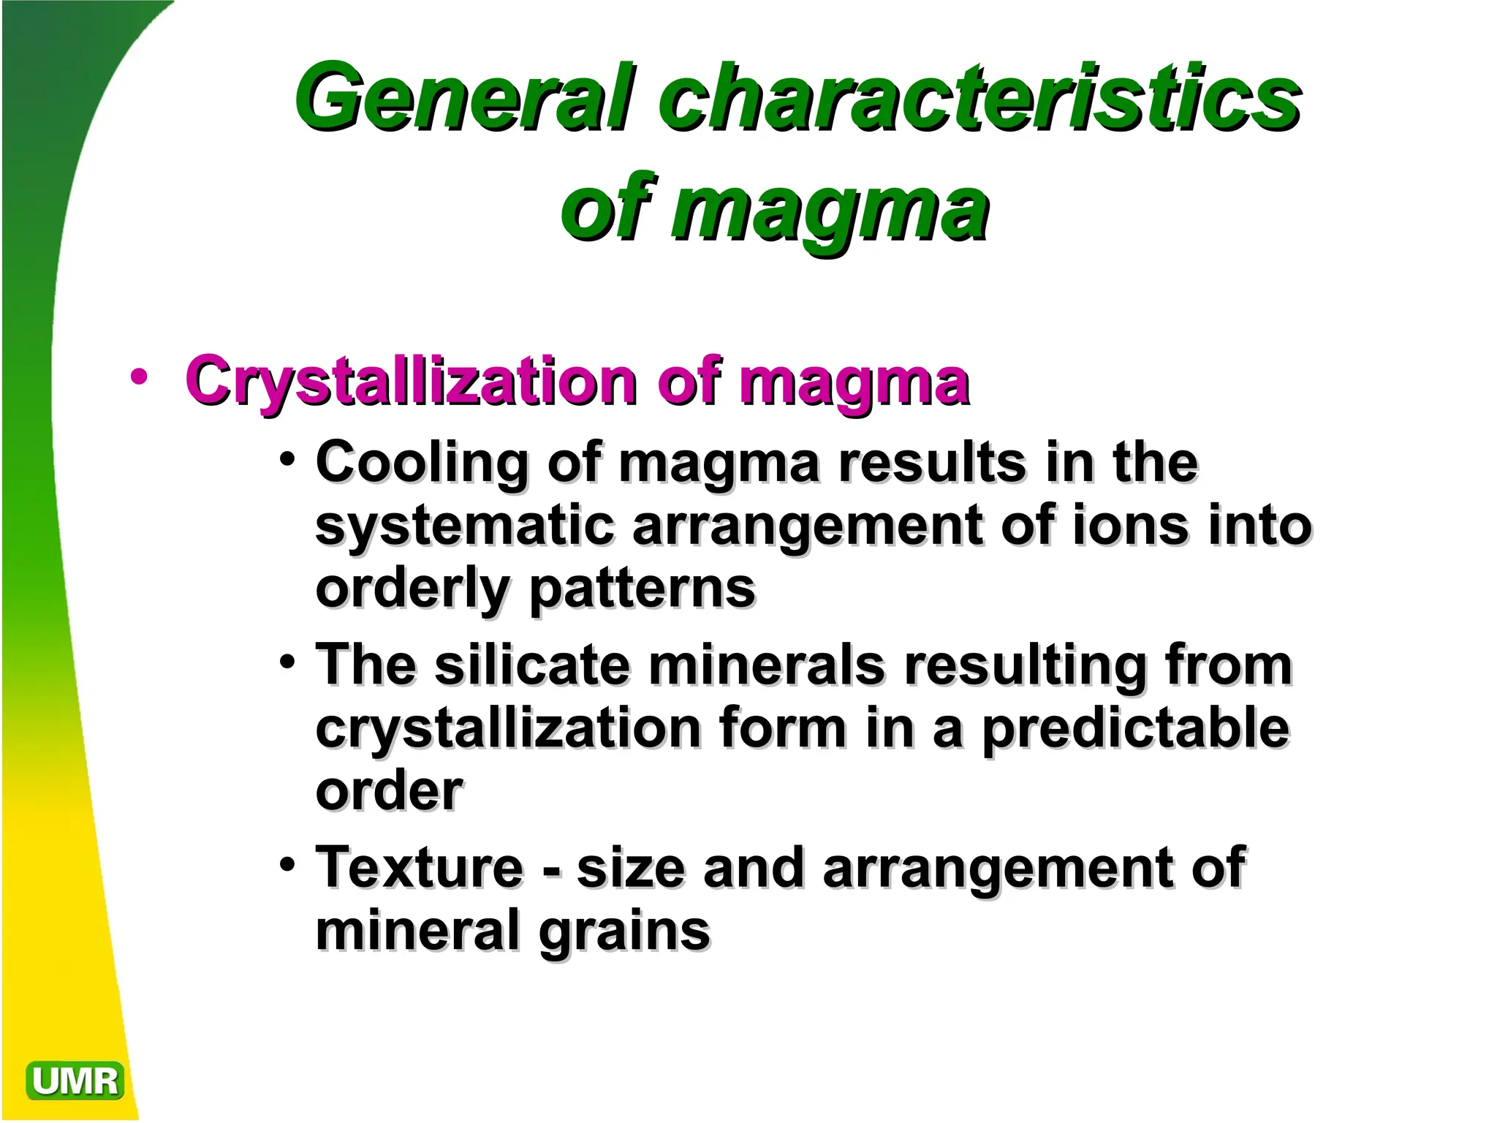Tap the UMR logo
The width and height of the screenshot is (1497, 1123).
click(75, 1081)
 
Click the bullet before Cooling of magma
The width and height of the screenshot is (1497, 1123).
click(288, 460)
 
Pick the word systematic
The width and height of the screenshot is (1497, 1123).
click(465, 526)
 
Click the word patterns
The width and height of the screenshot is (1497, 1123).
click(642, 589)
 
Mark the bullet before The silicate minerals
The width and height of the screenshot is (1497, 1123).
click(288, 662)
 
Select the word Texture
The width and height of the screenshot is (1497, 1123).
click(420, 868)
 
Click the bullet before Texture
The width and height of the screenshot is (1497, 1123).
click(288, 864)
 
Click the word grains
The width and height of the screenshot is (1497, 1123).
click(624, 932)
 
